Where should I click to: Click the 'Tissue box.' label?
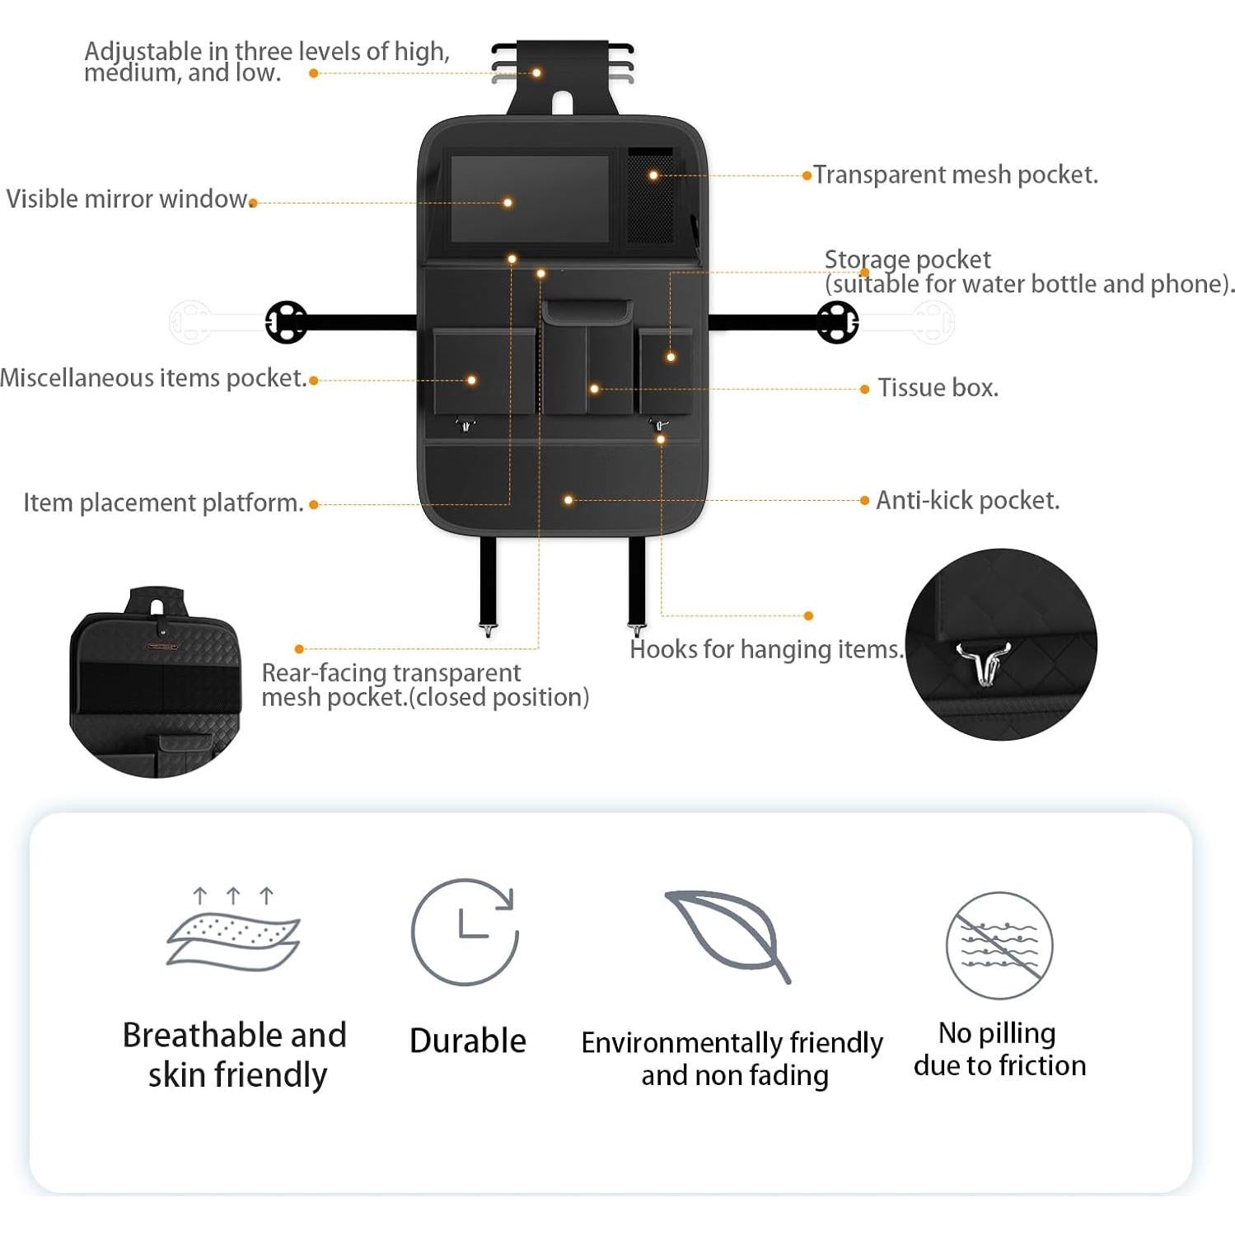(938, 387)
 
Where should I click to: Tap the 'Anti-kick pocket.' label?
(967, 500)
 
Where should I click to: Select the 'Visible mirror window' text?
(127, 199)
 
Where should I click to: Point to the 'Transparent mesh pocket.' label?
(955, 175)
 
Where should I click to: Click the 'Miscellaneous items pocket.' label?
(153, 377)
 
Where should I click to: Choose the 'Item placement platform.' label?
(163, 503)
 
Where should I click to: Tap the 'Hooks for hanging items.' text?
(766, 649)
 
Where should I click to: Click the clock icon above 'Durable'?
(465, 932)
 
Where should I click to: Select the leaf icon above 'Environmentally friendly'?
(727, 936)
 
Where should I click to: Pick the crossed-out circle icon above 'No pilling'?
(999, 945)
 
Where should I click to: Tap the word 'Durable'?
(467, 1041)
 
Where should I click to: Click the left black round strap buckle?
(286, 321)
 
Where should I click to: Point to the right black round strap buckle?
(837, 321)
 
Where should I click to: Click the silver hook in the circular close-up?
(982, 662)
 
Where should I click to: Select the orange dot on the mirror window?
(508, 203)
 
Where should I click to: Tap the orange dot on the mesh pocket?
(653, 175)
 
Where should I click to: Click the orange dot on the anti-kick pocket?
(568, 500)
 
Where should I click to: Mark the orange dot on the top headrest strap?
(536, 73)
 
